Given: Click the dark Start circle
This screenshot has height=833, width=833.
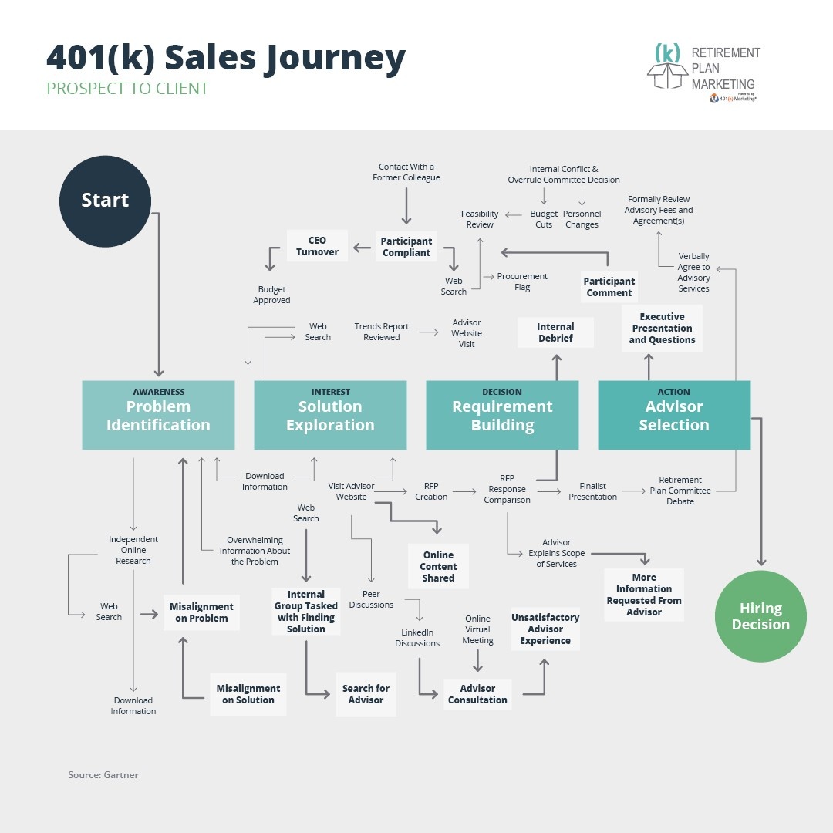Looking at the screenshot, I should point(105,200).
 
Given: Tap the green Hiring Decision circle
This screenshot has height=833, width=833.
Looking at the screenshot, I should point(760,616).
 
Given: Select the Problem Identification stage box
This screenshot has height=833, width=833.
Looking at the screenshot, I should point(158,415).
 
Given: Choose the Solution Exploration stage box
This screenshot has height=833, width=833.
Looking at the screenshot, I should point(330,415).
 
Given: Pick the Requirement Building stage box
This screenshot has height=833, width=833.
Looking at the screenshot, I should point(502,415).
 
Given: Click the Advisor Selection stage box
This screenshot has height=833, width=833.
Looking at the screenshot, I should point(674,415).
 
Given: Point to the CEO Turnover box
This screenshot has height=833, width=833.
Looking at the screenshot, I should point(317,246).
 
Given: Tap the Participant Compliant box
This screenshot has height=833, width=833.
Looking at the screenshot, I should point(406,247).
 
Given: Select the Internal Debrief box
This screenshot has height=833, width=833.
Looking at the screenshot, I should point(555,332).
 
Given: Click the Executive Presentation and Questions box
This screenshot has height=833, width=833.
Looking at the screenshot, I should point(662,328).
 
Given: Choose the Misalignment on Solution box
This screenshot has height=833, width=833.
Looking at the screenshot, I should point(248,694).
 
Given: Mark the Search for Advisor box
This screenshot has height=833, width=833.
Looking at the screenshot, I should point(366,694).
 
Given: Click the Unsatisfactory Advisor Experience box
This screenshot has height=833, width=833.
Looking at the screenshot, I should point(545,629).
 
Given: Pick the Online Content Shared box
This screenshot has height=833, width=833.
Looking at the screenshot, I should point(438,566).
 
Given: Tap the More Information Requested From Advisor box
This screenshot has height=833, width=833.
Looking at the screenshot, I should point(644,595).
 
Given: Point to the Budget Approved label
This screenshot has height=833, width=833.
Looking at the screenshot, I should point(271,295).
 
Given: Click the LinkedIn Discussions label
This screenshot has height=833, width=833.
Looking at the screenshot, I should point(417,638).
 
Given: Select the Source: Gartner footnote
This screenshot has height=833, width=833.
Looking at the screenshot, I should point(103,774).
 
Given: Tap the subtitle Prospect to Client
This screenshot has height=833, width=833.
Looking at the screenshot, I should point(127,89).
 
